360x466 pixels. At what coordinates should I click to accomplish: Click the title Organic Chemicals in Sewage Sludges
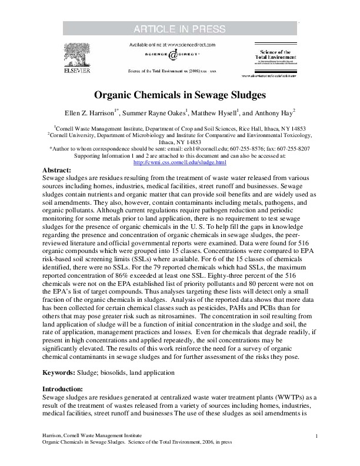179,94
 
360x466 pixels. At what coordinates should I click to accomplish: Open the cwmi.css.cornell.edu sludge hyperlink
180,162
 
